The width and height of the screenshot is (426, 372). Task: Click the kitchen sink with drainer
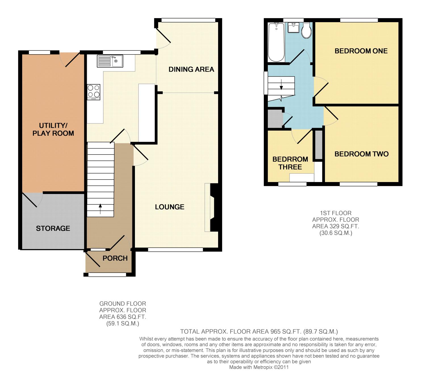click(x=110, y=61)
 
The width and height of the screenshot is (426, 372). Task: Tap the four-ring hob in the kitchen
click(x=93, y=92)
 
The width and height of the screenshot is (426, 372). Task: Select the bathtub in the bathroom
click(x=276, y=42)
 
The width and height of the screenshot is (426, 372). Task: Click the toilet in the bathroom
click(x=306, y=30)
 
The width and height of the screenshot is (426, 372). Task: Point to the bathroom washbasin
click(x=293, y=28)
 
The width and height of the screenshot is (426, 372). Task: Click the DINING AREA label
click(x=191, y=69)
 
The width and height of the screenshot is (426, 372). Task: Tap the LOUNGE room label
click(x=170, y=207)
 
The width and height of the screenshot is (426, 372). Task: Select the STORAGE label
click(x=53, y=228)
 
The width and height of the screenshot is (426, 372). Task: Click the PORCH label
click(x=115, y=258)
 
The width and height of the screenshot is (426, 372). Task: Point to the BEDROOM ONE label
click(x=361, y=51)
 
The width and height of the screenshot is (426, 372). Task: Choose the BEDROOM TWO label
click(x=362, y=154)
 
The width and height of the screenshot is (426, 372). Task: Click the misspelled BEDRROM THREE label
click(x=290, y=163)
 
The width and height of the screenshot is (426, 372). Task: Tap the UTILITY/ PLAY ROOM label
click(x=53, y=129)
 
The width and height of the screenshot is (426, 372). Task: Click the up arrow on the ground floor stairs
click(x=100, y=209)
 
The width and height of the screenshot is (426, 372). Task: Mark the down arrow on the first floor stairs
click(x=281, y=85)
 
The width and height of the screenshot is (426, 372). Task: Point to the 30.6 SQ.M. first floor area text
click(x=336, y=233)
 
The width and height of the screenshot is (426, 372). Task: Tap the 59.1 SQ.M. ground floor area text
click(x=123, y=323)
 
